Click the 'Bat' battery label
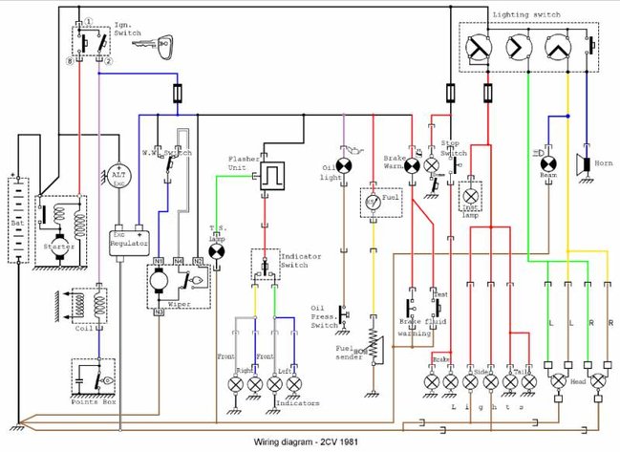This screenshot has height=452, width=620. coord(16,222)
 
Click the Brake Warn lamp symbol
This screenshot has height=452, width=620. coord(412,164)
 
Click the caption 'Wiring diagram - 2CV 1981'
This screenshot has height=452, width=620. coord(308,442)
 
